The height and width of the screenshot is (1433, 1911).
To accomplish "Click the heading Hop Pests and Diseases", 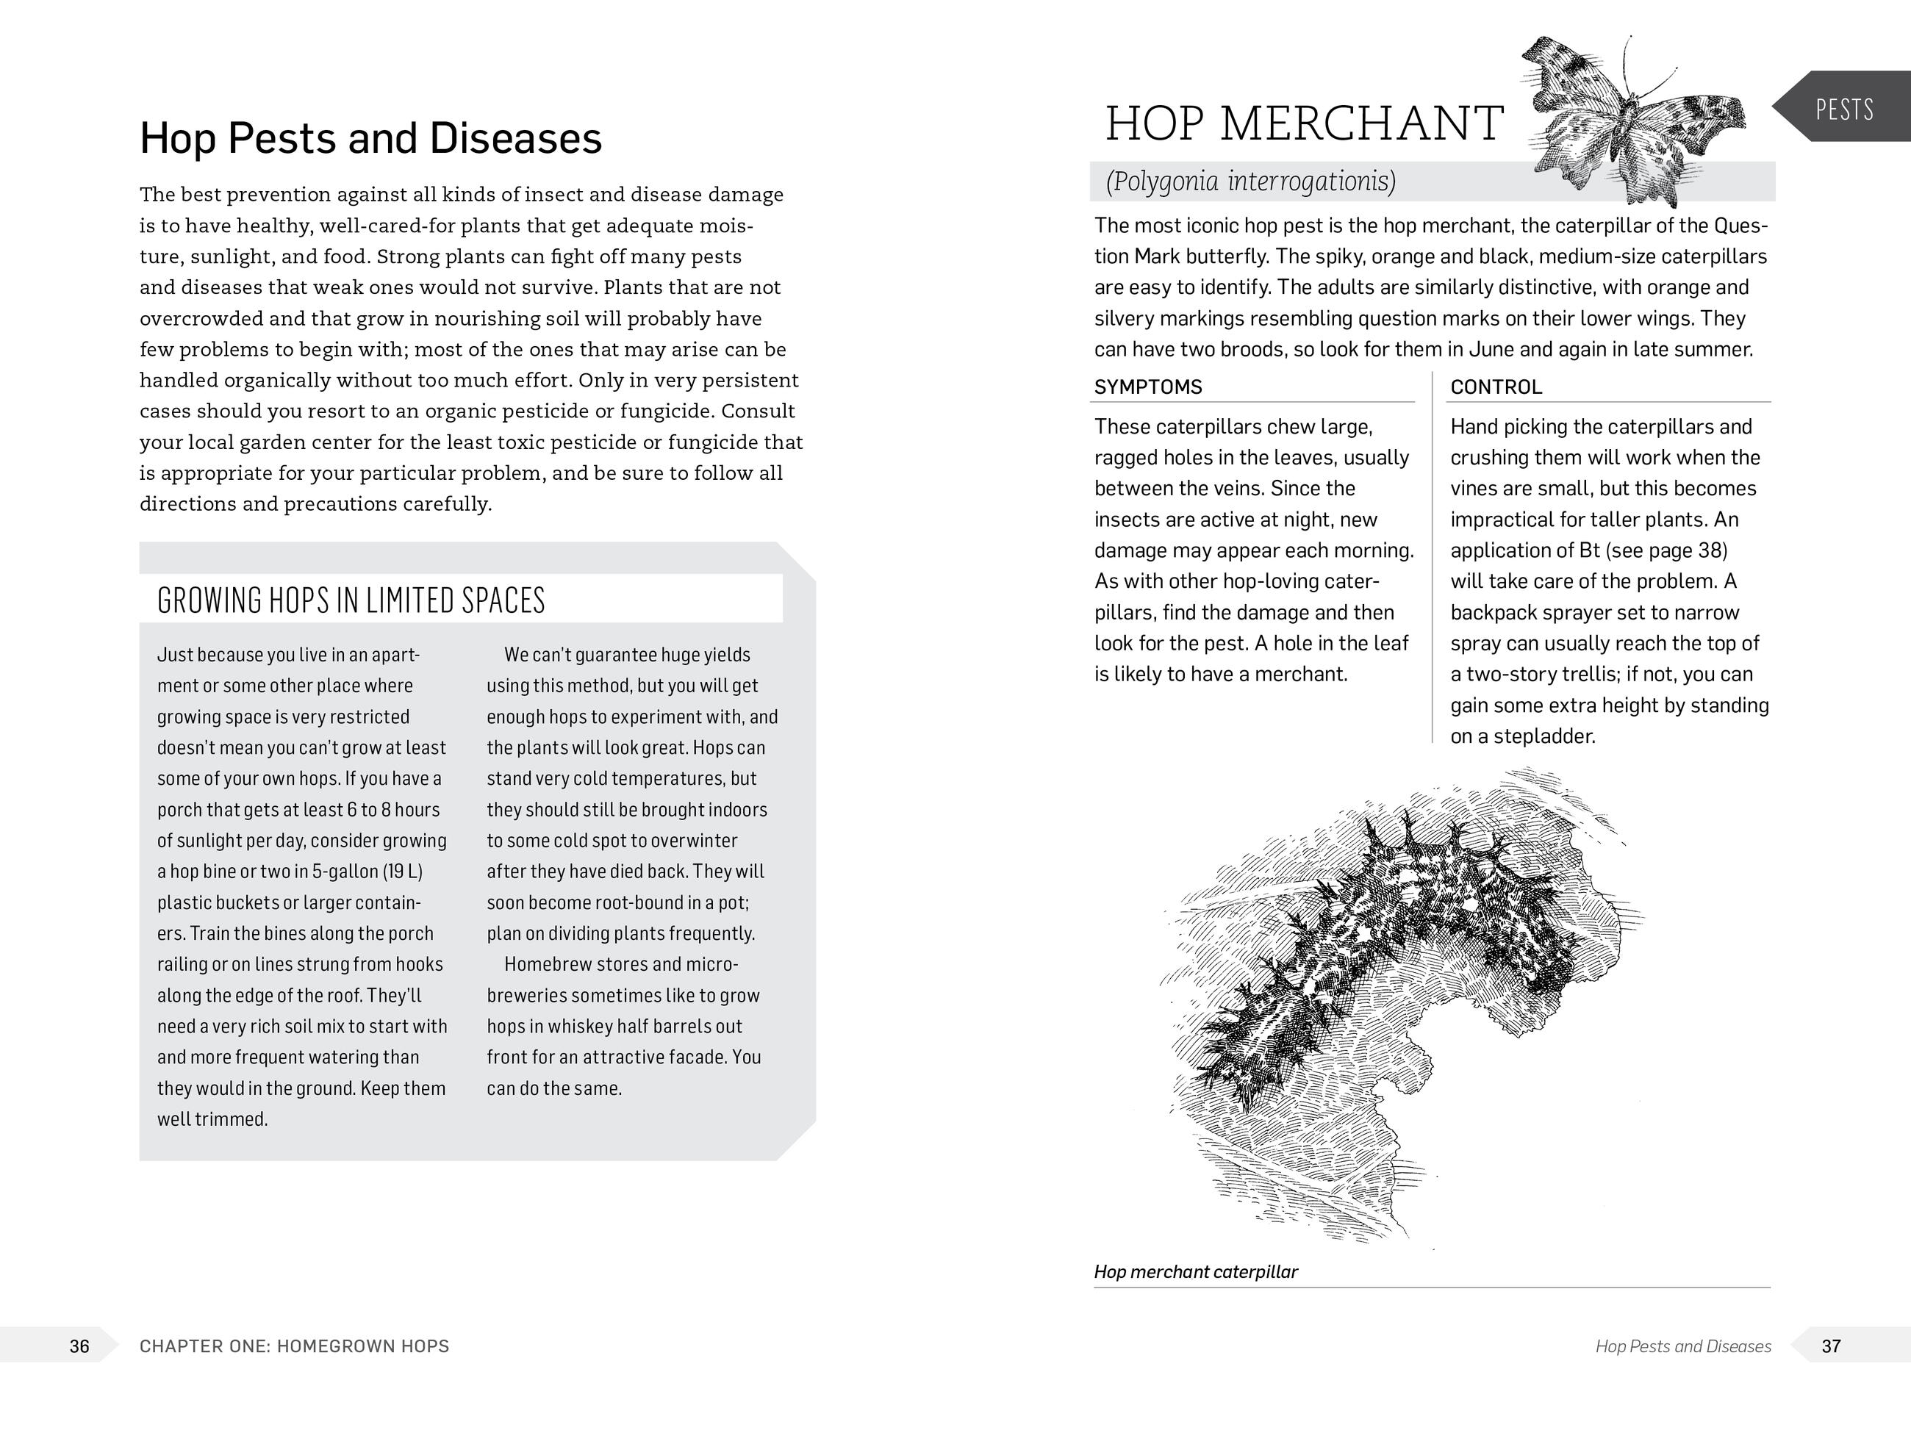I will click(x=370, y=138).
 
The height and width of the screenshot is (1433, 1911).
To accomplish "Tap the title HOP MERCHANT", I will click(x=1305, y=123).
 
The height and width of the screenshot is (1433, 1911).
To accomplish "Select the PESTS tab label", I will click(x=1843, y=109).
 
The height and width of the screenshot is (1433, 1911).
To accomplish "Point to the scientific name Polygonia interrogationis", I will click(x=1250, y=182).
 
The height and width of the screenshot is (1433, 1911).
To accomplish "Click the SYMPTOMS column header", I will click(x=1148, y=387).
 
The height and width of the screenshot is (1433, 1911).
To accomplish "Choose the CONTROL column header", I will click(x=1496, y=387).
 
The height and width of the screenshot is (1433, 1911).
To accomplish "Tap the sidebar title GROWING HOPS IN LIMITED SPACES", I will click(x=351, y=600).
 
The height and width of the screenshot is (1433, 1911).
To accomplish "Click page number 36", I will click(x=79, y=1346).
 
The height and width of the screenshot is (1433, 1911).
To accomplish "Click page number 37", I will click(x=1831, y=1346).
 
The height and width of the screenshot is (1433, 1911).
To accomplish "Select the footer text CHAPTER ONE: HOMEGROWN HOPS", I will click(x=295, y=1346).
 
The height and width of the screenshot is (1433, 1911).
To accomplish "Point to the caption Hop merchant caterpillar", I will click(x=1196, y=1271).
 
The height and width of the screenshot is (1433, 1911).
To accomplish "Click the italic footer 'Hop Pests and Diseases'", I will click(x=1683, y=1346).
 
